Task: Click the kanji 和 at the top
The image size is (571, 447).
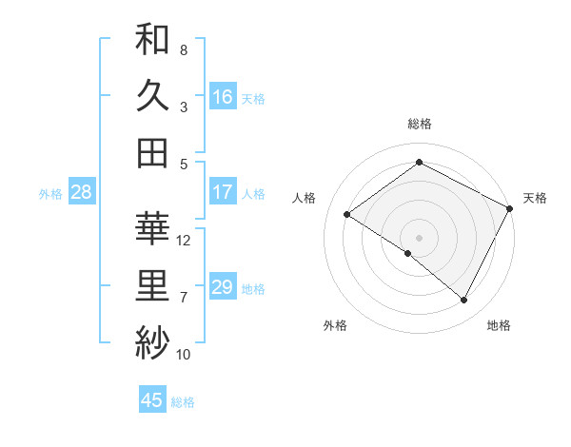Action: coord(152,39)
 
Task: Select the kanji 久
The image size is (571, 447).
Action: coord(152,96)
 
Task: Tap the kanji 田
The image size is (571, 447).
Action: coord(152,153)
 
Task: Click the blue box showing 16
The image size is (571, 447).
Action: coord(223,96)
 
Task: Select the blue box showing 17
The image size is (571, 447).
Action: coord(223,192)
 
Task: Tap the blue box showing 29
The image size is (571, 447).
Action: coord(223,287)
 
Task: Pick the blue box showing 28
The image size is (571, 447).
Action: coord(81,192)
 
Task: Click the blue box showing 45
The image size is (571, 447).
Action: coord(152,400)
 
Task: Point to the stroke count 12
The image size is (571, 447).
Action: coord(185,241)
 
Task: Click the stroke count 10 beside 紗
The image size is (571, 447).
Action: coord(185,355)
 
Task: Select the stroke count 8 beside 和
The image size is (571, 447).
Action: coord(184,49)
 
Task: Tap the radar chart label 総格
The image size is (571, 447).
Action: coord(420,124)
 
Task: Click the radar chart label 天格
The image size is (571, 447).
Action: coord(535,198)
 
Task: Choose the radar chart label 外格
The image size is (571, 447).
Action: coord(335,325)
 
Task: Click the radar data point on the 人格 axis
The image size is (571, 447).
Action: coord(347,214)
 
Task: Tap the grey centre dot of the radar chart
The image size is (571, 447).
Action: coord(419,237)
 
